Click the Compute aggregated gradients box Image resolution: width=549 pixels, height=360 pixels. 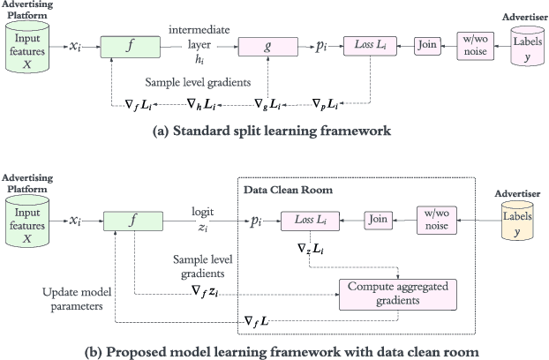(x=398, y=293)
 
